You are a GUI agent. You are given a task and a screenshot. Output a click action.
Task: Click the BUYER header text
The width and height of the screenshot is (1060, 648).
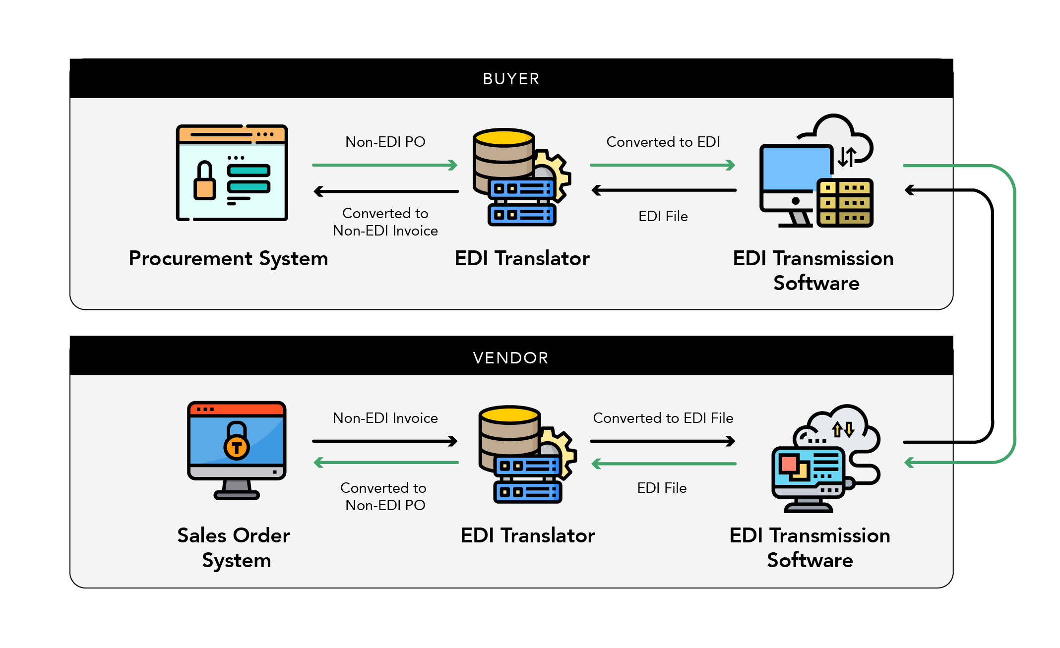click(x=511, y=79)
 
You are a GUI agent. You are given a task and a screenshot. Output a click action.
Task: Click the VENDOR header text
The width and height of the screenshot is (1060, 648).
click(x=511, y=357)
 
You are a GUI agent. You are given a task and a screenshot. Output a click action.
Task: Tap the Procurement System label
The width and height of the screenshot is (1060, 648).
click(x=228, y=259)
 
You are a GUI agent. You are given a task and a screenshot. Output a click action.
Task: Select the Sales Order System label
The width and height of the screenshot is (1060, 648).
click(x=234, y=548)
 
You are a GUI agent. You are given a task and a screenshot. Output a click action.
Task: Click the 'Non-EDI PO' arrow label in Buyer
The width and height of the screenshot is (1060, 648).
click(x=385, y=142)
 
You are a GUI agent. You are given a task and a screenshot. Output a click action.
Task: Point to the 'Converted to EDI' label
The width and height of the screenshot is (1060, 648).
click(x=663, y=142)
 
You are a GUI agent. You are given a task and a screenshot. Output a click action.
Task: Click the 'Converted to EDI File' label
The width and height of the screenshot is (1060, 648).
click(x=663, y=418)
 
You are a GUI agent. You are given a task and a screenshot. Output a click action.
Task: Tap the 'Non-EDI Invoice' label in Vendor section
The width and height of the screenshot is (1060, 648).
click(x=385, y=418)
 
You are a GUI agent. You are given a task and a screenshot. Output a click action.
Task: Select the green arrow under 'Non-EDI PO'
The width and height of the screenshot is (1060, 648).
click(x=384, y=165)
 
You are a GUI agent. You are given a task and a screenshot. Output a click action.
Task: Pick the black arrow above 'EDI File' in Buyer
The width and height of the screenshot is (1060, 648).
click(x=664, y=190)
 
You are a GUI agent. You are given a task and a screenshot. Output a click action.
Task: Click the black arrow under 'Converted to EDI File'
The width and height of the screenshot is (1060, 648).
click(x=663, y=441)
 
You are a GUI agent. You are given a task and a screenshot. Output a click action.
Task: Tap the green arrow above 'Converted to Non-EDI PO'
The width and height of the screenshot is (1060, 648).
click(x=385, y=463)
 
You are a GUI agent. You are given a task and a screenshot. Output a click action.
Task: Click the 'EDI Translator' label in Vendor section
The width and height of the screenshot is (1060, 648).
click(x=527, y=536)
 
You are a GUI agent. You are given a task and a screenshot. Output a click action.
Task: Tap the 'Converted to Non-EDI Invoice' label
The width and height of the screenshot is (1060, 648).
click(x=385, y=222)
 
